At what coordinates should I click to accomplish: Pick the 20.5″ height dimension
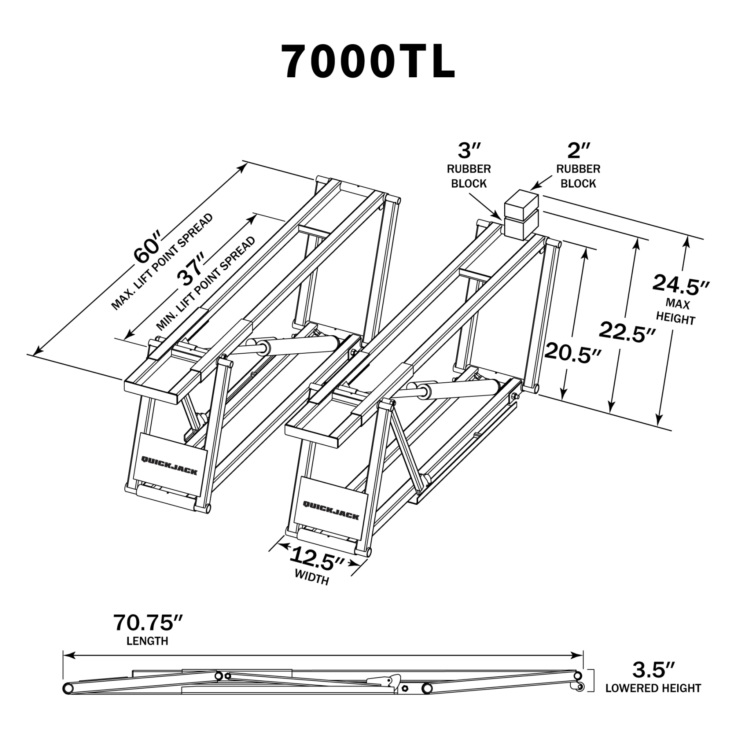[573, 352]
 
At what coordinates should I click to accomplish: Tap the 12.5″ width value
[317, 559]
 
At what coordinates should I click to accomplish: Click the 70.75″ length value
[148, 623]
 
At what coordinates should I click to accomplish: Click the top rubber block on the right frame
[521, 202]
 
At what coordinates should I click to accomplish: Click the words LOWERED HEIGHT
[653, 689]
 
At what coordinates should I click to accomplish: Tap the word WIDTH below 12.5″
[312, 579]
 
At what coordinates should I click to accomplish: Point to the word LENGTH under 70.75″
[148, 641]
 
